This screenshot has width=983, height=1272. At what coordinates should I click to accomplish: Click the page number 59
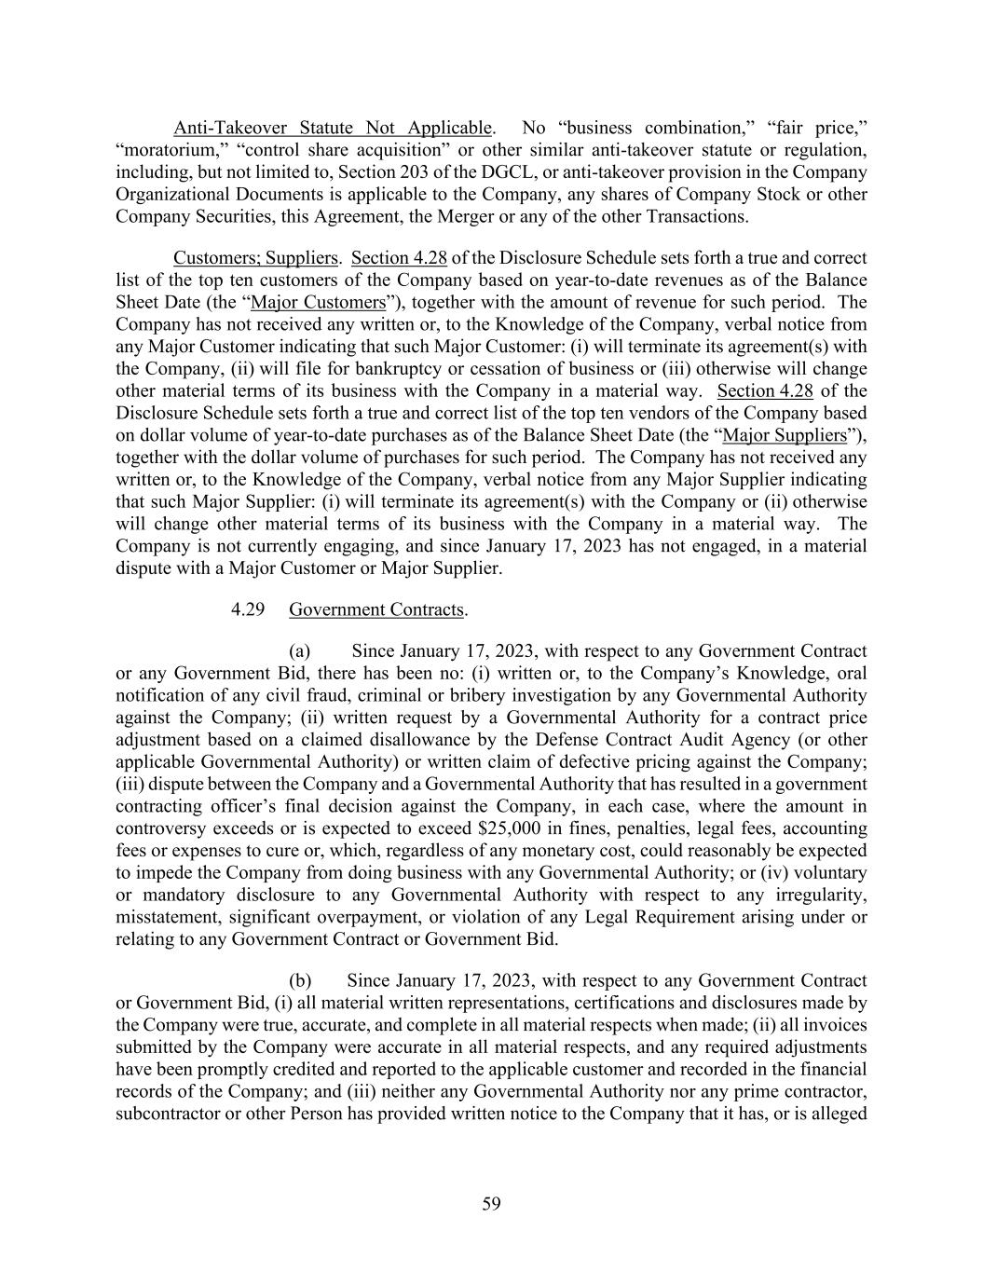491,1204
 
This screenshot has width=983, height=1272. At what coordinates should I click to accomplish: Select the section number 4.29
249,609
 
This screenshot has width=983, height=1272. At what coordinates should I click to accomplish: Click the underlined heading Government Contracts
376,609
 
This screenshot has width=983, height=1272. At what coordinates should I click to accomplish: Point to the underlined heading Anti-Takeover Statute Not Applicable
332,128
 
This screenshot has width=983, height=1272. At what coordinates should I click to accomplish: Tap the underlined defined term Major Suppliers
785,435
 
